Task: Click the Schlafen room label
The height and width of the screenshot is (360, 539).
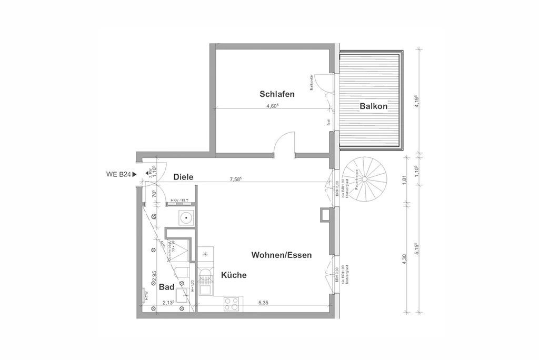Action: pyautogui.click(x=276, y=94)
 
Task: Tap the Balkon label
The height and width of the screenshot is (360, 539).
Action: pyautogui.click(x=374, y=106)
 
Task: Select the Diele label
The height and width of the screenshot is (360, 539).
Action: pyautogui.click(x=183, y=177)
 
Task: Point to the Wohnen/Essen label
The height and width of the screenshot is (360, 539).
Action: pyautogui.click(x=282, y=255)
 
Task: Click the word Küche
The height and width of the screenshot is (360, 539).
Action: pyautogui.click(x=234, y=275)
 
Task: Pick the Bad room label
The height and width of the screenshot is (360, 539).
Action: pyautogui.click(x=166, y=287)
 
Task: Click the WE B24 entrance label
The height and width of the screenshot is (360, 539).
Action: pyautogui.click(x=119, y=174)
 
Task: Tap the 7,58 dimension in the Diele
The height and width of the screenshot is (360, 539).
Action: pyautogui.click(x=235, y=179)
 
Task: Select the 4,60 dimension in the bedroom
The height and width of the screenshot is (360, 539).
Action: pyautogui.click(x=272, y=106)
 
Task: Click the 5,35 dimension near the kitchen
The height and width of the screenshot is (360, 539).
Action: pyautogui.click(x=264, y=303)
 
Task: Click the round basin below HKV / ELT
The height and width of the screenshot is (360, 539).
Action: pyautogui.click(x=186, y=216)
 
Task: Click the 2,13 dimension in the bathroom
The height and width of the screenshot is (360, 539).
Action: pyautogui.click(x=168, y=303)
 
